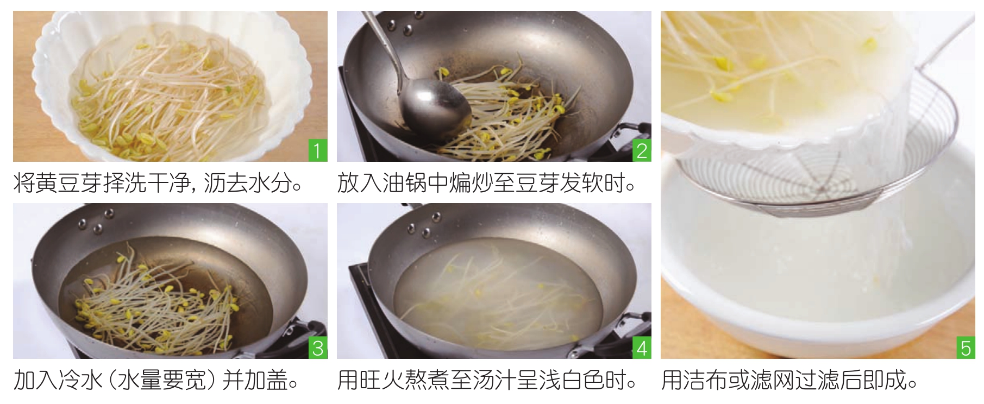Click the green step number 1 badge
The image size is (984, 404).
click(318, 150)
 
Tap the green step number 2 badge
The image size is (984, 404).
click(642, 150)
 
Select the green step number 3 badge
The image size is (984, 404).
click(318, 348)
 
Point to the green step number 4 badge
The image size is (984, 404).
click(642, 348)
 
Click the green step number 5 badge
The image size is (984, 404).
click(966, 348)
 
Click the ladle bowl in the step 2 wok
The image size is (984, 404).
click(435, 109)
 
